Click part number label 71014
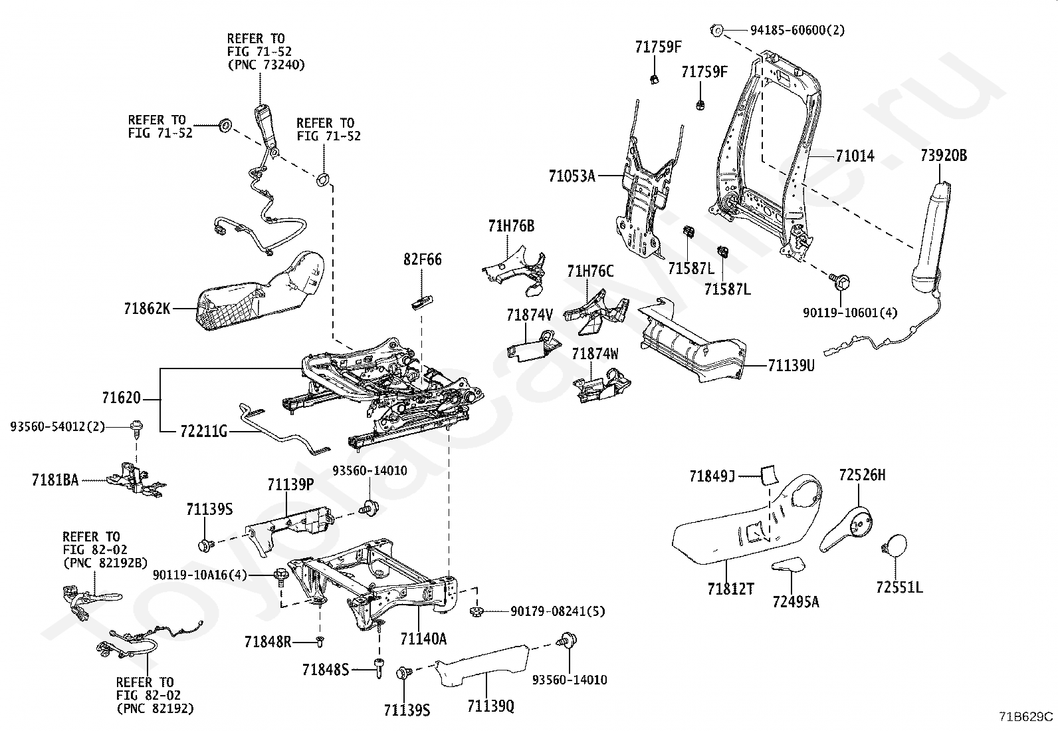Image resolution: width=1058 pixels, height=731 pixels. tap(855, 157)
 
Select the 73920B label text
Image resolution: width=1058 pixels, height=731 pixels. tap(944, 156)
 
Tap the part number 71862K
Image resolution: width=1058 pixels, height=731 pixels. tap(147, 309)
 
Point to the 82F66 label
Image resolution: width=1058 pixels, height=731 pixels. tap(421, 259)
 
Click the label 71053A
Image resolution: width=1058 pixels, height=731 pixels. tap(572, 176)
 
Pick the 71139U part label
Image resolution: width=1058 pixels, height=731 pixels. tap(791, 365)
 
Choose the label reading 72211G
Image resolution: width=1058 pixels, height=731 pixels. tap(203, 432)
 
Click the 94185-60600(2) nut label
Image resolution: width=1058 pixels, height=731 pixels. tap(797, 30)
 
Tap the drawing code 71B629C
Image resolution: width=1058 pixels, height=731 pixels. tap(1025, 716)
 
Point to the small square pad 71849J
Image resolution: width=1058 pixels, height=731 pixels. tap(769, 475)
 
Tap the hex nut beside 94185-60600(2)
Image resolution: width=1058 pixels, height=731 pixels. tap(716, 30)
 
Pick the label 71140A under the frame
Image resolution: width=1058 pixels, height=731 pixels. tap(423, 639)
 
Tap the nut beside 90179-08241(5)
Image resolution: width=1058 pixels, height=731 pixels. tap(476, 611)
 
